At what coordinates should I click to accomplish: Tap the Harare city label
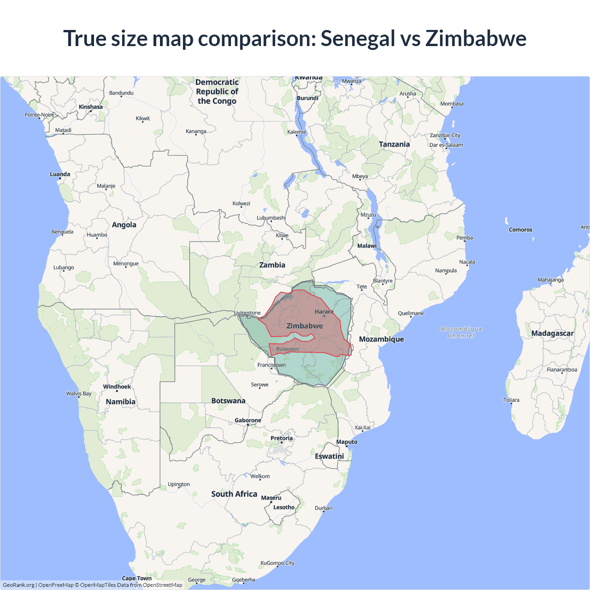(324, 312)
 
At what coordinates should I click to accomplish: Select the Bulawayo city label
(288, 349)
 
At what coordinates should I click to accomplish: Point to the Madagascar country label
(552, 333)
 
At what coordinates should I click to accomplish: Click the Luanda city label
(60, 174)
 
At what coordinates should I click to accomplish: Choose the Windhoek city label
(117, 387)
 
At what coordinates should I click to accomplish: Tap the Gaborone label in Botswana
(248, 420)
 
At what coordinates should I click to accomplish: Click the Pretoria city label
(281, 438)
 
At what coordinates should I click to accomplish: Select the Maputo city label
(347, 442)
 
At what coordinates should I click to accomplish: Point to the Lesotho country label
(283, 507)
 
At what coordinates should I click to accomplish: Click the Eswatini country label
(329, 456)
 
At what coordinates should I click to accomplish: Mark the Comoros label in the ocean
(520, 230)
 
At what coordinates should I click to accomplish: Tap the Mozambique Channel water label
(461, 332)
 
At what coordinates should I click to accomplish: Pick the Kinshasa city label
(91, 107)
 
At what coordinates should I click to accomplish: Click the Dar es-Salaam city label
(446, 145)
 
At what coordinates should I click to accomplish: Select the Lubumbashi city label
(271, 218)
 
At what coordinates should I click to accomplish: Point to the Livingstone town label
(248, 313)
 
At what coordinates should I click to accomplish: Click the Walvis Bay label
(79, 394)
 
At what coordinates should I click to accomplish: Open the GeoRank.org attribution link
(18, 585)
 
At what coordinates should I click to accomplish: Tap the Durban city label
(324, 508)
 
